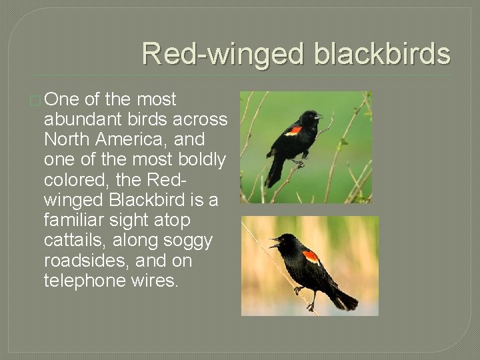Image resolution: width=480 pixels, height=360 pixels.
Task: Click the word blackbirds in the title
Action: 382,54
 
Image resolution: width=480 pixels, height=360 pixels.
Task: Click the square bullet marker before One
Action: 35,101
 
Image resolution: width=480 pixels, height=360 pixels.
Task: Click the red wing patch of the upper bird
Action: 293,131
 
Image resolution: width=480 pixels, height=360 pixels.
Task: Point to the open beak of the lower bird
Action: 273,242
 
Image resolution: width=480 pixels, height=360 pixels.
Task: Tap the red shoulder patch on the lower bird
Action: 310,256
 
